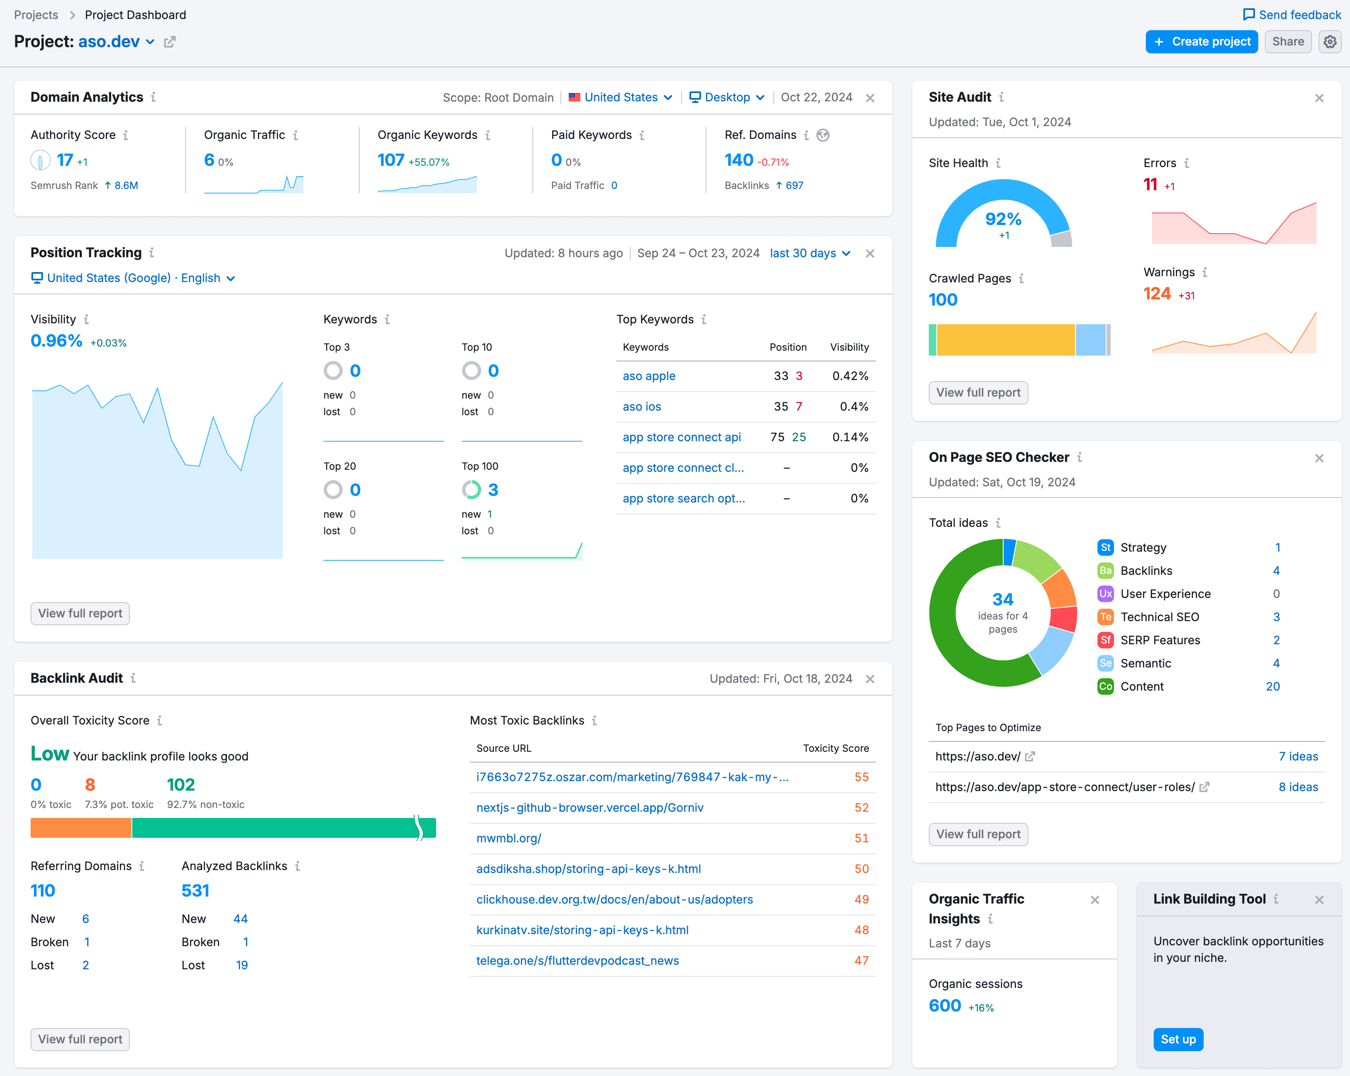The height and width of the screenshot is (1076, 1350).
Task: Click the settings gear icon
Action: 1330,42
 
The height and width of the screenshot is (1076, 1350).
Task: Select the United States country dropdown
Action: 620,97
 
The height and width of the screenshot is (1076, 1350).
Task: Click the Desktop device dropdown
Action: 726,97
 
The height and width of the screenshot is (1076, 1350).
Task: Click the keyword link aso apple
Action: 649,376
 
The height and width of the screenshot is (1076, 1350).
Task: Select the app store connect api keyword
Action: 681,437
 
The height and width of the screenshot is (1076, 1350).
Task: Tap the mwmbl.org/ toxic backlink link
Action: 508,838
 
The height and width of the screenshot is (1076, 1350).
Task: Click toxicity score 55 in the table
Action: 861,777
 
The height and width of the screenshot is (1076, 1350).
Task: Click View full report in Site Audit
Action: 978,393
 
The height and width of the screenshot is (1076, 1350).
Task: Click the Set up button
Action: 1177,1039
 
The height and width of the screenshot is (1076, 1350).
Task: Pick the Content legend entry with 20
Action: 1142,686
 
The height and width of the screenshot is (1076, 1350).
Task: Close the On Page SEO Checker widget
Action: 1319,458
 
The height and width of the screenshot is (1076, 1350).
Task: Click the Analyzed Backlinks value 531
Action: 196,891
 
